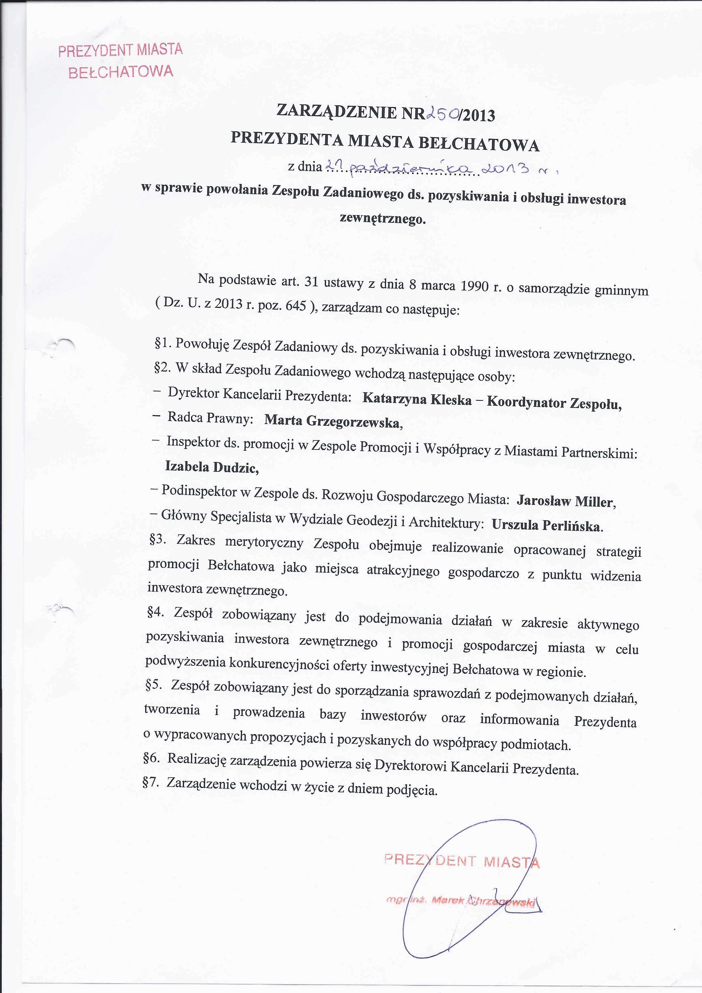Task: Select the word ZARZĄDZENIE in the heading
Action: pyautogui.click(x=337, y=112)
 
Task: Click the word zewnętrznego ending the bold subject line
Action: pyautogui.click(x=382, y=219)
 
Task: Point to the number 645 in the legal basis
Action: pyautogui.click(x=296, y=306)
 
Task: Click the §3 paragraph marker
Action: pyautogui.click(x=157, y=539)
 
